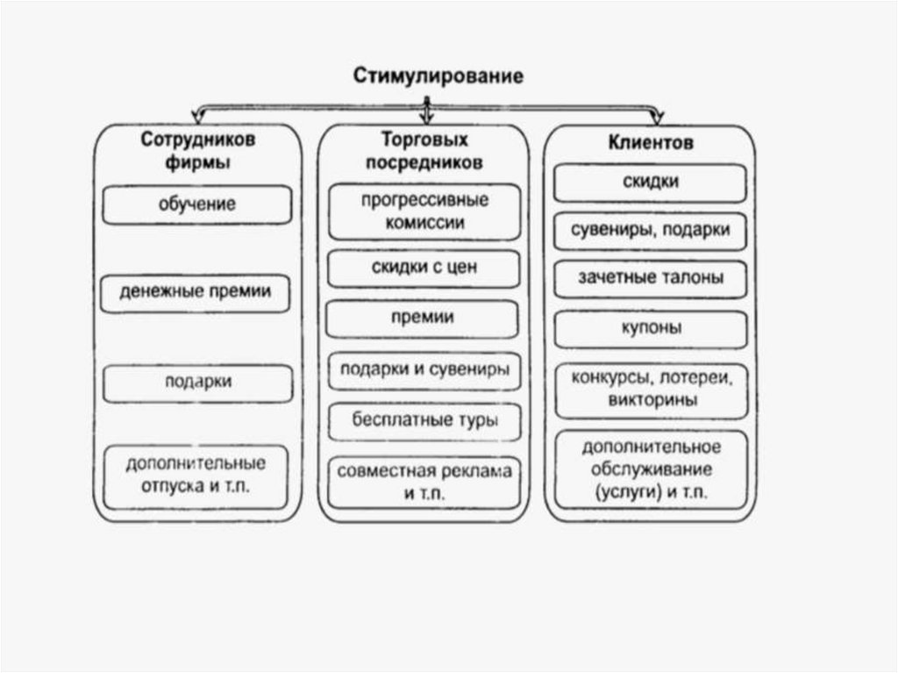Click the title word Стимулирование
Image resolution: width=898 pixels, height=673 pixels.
tap(438, 76)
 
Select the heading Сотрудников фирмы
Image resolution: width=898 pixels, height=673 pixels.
tap(198, 151)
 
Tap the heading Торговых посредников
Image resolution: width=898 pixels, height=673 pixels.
tap(424, 151)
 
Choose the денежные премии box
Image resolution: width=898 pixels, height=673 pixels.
tap(196, 293)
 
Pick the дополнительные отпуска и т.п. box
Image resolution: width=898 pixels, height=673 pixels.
tap(196, 476)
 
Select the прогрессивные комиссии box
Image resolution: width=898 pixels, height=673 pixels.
tap(424, 211)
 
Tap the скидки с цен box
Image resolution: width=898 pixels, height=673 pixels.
tap(424, 268)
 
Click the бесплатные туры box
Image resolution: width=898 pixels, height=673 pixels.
tap(424, 420)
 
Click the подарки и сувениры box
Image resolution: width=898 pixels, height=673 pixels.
tap(424, 369)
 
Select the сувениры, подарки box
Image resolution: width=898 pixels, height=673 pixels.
tap(650, 231)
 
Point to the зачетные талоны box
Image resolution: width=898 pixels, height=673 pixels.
tap(650, 279)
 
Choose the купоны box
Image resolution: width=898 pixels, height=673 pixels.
tap(650, 328)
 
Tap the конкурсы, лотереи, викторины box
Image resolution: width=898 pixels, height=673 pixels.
tap(650, 389)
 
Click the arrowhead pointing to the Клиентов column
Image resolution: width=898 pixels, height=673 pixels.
tap(657, 115)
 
